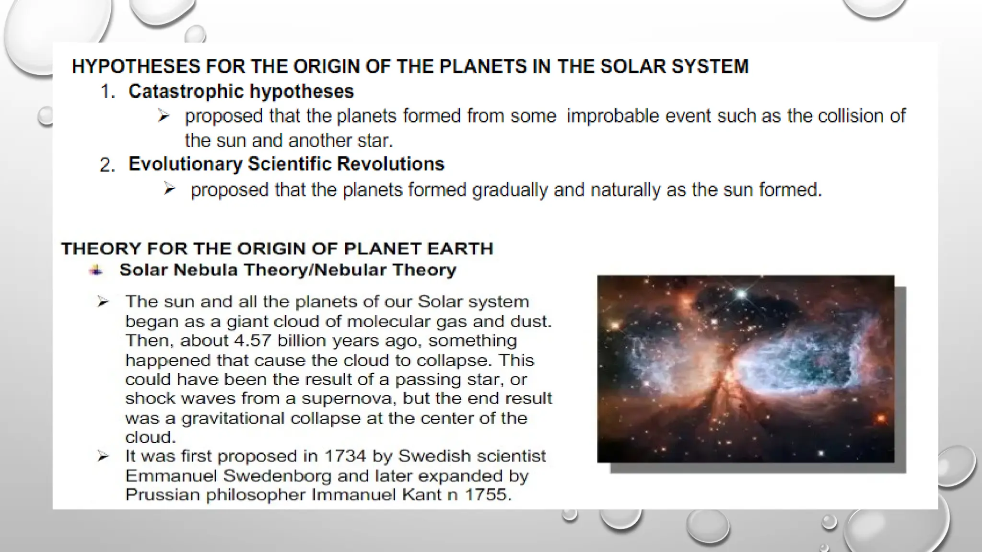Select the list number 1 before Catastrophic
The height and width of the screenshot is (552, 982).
107,92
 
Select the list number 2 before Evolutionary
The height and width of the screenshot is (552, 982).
107,165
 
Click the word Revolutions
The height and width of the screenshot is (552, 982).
390,164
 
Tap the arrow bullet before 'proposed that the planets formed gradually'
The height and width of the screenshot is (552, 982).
169,189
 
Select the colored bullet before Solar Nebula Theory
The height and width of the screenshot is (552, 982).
96,270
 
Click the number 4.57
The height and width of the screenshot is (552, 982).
253,341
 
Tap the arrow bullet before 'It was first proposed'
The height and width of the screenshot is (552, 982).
103,456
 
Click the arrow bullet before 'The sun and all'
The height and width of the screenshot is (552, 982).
103,302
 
